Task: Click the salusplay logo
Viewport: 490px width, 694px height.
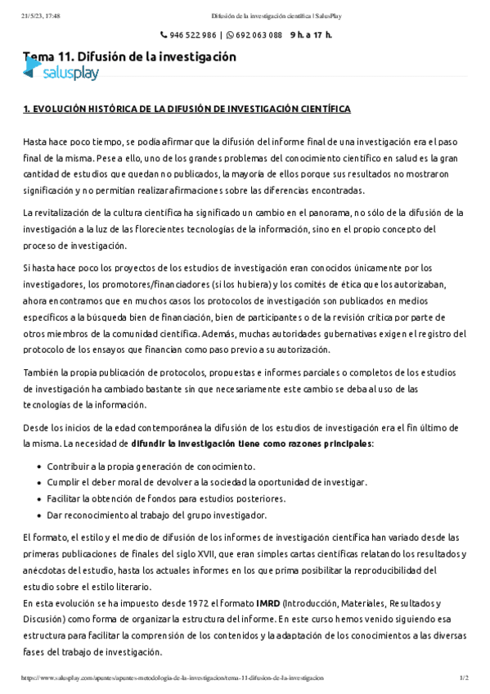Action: pos(61,73)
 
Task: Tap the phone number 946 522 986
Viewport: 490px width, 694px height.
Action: pos(193,35)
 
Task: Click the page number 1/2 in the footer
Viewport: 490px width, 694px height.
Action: pos(464,678)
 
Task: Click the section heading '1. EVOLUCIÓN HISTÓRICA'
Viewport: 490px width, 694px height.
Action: pos(187,109)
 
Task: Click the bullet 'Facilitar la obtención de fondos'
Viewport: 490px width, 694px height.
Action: pos(166,498)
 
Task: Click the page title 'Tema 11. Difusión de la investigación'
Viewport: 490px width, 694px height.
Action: pos(129,56)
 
